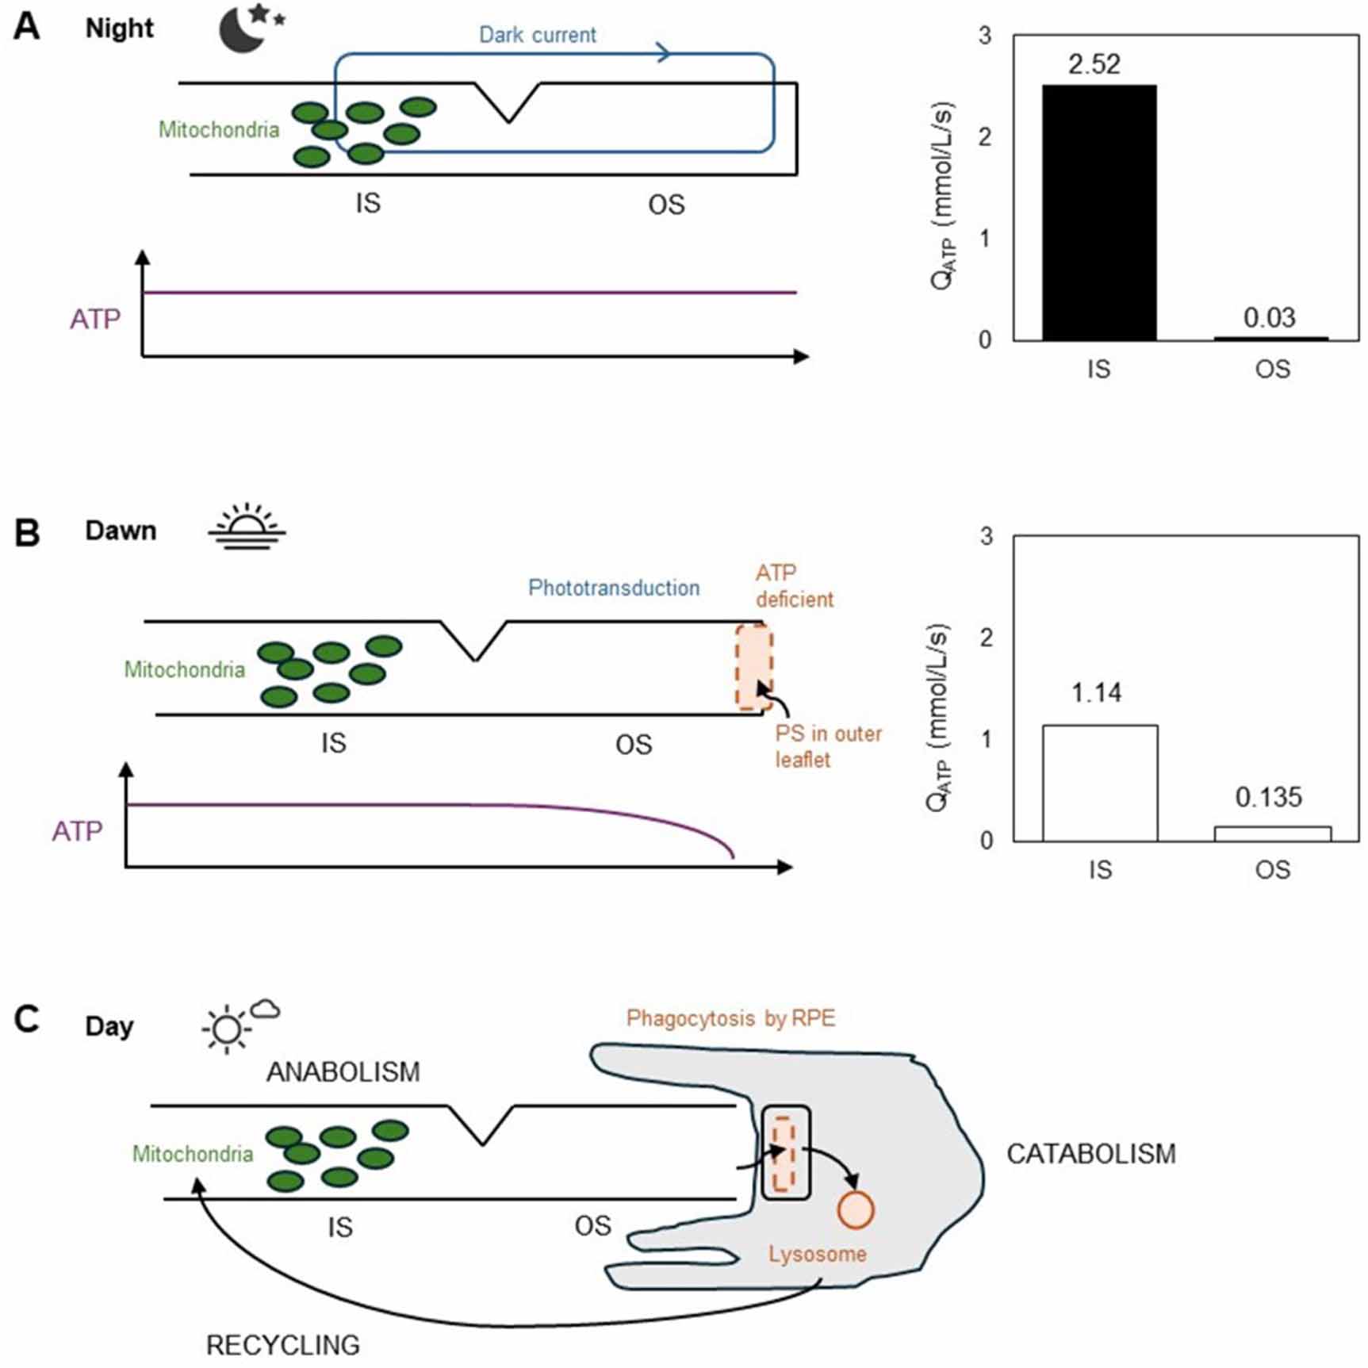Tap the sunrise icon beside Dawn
pos(247,526)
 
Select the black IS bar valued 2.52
pos(1099,213)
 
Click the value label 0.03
pos(1269,317)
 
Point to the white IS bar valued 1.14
pos(1100,783)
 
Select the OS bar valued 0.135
pos(1273,833)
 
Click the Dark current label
pos(538,35)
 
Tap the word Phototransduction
pos(614,588)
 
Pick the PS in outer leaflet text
pos(829,746)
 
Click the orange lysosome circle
pos(856,1210)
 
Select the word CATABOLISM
pos(1091,1154)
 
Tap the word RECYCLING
pos(283,1345)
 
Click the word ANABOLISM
pos(343,1072)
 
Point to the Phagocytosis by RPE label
pos(731,1018)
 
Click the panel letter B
pos(28,532)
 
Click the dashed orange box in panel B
pos(753,668)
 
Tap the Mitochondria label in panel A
pos(219,129)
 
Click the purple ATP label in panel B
pos(77,831)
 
